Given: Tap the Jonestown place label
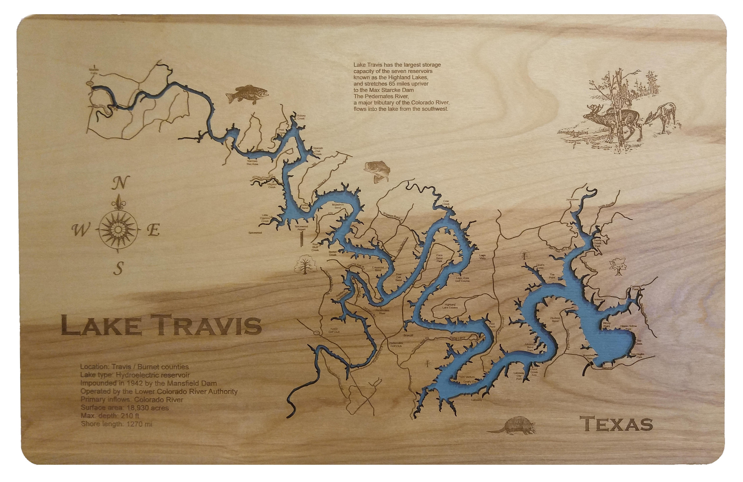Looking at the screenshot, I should pyautogui.click(x=573, y=199).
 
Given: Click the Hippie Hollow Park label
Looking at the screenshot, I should pyautogui.click(x=628, y=327).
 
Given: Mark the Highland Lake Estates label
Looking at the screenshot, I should pyautogui.click(x=450, y=306).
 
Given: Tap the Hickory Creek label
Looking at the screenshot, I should pyautogui.click(x=301, y=117).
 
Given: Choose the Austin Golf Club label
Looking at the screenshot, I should pyautogui.click(x=334, y=330).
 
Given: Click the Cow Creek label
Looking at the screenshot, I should pyautogui.click(x=446, y=203).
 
